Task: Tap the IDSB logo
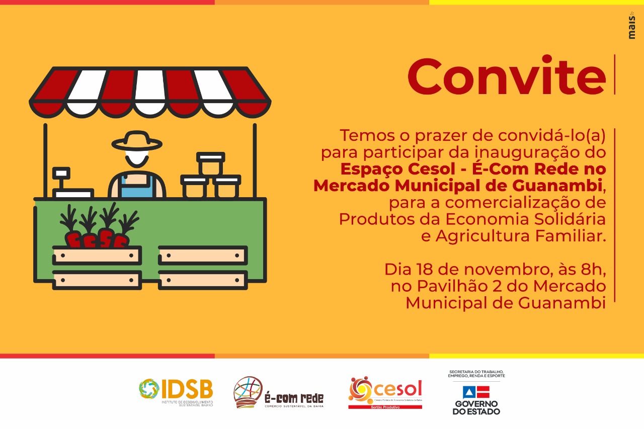(x=176, y=392)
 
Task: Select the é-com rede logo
(x=278, y=392)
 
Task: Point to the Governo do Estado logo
(x=476, y=393)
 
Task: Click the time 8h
(x=588, y=269)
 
